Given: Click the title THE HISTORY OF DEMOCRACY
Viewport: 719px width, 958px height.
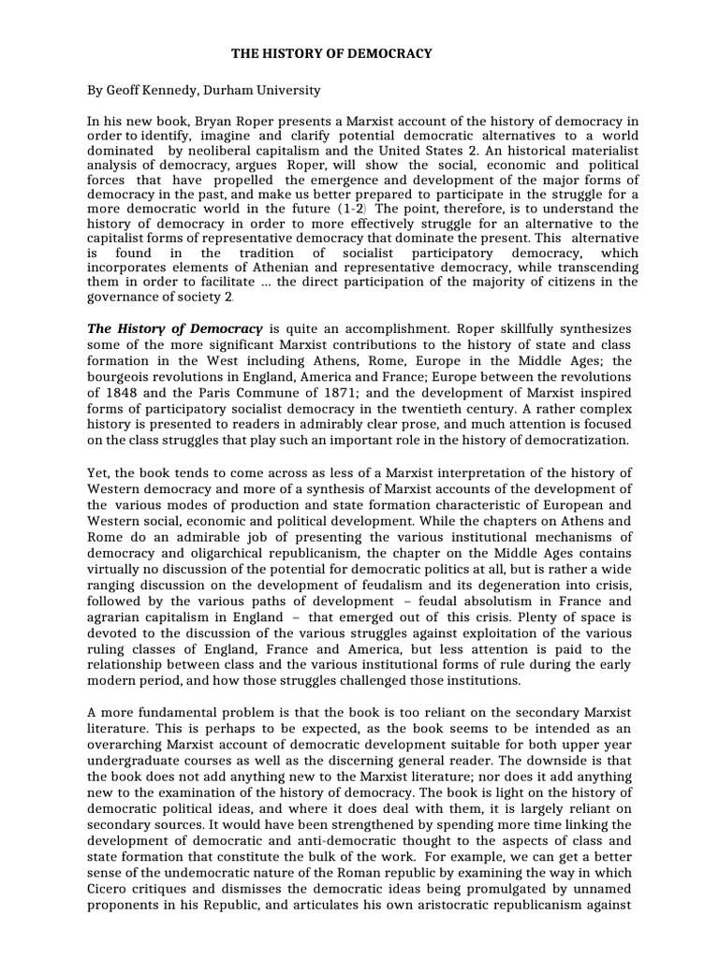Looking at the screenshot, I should tap(319, 53).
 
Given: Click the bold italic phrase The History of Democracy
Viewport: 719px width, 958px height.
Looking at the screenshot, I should tap(175, 328).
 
